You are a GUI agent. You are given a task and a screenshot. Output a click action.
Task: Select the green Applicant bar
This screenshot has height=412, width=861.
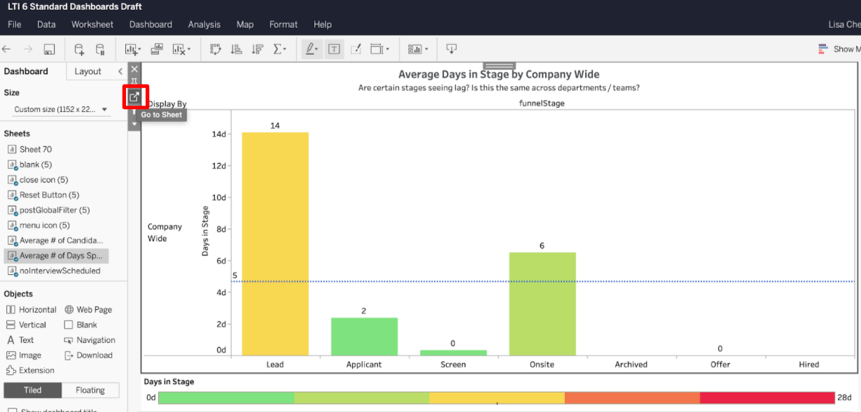pos(364,336)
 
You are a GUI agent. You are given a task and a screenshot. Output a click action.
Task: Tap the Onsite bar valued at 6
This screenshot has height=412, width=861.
pos(542,304)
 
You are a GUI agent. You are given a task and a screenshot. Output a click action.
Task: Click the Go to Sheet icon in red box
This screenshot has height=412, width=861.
pos(134,97)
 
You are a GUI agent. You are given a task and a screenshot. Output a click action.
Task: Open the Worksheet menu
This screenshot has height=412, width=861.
pos(92,24)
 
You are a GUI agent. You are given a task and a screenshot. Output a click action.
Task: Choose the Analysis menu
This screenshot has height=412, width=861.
pos(204,24)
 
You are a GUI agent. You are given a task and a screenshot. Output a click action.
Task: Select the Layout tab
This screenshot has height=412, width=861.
pos(87,71)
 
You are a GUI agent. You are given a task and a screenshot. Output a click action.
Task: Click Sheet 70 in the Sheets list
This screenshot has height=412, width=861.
pos(35,149)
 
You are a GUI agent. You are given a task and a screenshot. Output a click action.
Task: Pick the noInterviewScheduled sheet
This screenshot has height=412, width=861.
pos(59,271)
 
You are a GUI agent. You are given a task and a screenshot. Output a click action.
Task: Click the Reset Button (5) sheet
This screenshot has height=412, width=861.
pos(49,195)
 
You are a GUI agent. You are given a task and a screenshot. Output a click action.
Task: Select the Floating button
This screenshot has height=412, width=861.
pos(90,390)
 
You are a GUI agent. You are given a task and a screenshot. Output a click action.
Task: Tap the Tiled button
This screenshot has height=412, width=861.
pos(32,390)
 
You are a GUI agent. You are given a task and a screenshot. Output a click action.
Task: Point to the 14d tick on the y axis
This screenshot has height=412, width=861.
pos(218,134)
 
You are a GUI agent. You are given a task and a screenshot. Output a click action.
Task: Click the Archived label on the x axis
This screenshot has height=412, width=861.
pos(631,364)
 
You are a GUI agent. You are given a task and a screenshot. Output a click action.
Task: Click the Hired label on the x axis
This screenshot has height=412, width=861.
pos(808,364)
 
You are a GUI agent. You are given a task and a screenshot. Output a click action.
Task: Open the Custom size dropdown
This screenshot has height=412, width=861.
pos(62,109)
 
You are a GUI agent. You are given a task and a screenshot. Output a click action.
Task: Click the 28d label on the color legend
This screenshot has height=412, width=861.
pos(845,398)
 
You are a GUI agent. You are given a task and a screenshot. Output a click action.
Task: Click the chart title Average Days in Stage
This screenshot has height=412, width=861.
pos(498,74)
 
